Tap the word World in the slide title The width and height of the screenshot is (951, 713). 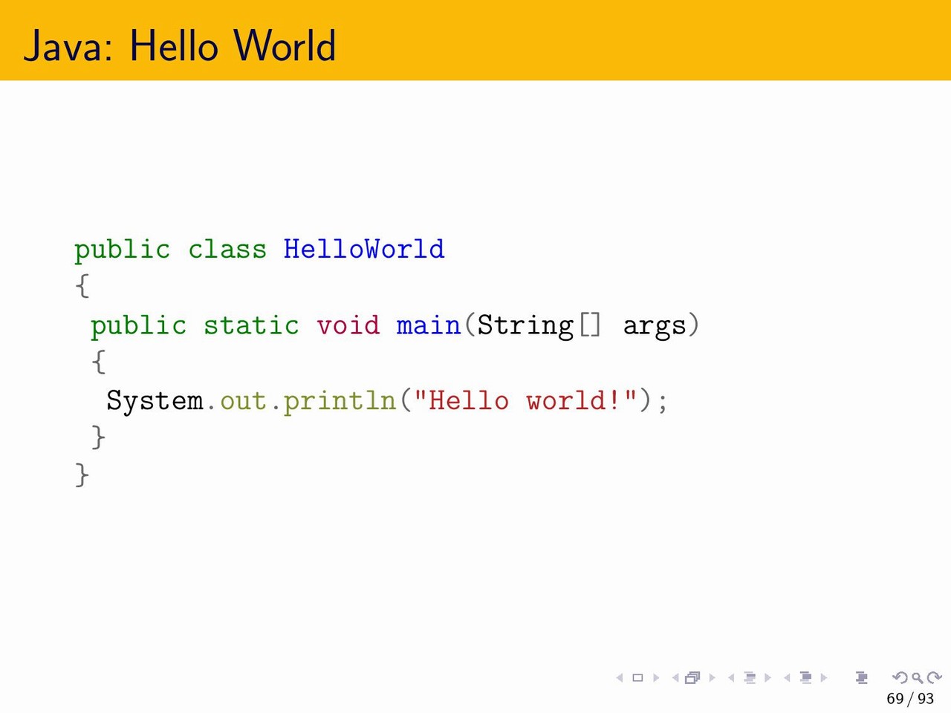click(285, 45)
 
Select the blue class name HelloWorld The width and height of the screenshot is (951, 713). click(364, 249)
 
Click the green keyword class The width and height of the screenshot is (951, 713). click(227, 250)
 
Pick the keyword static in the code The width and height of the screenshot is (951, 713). click(251, 325)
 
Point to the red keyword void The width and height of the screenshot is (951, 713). click(348, 325)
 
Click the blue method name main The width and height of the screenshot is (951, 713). click(429, 325)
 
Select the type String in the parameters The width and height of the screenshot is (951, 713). click(525, 326)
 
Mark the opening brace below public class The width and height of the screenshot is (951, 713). click(82, 286)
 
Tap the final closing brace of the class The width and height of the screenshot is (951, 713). click(82, 475)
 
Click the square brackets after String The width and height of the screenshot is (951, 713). click(590, 325)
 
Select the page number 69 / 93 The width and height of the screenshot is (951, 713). click(910, 698)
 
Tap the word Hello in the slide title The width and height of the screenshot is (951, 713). click(173, 45)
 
